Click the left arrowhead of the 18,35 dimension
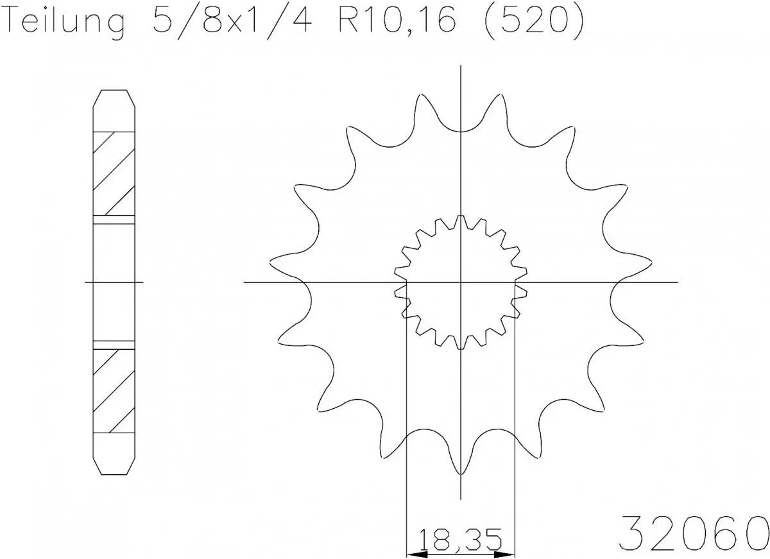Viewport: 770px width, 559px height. coord(414,553)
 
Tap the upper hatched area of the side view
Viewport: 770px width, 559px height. coord(114,173)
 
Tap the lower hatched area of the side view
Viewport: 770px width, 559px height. coord(114,390)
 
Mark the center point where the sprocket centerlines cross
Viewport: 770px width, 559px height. coord(461,282)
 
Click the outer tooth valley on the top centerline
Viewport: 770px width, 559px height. coord(461,130)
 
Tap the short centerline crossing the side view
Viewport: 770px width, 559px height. coord(114,282)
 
